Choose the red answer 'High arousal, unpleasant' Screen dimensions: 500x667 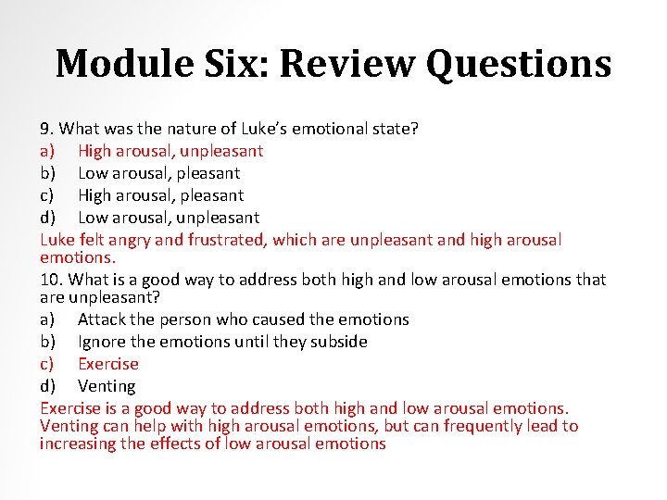[x=170, y=151]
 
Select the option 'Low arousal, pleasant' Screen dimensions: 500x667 [x=158, y=173]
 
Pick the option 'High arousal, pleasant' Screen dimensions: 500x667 [x=160, y=195]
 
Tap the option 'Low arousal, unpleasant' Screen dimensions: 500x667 [x=169, y=218]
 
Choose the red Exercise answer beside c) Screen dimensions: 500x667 [x=107, y=364]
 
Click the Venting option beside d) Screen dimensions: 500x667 [x=107, y=386]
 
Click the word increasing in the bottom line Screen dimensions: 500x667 [x=80, y=444]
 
